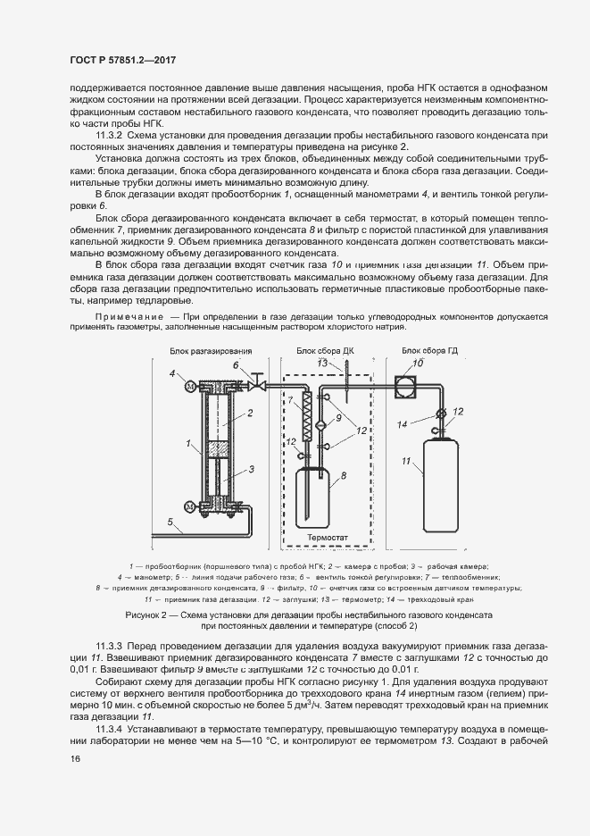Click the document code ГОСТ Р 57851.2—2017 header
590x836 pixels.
tap(121, 60)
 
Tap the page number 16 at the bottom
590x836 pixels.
tap(75, 758)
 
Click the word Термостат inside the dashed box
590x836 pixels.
tap(328, 539)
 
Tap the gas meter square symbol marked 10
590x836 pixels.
tap(407, 385)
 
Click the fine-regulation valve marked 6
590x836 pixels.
tap(254, 383)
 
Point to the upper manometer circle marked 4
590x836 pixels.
tap(188, 386)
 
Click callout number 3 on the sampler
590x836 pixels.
tap(253, 468)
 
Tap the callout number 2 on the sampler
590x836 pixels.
tap(253, 413)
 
